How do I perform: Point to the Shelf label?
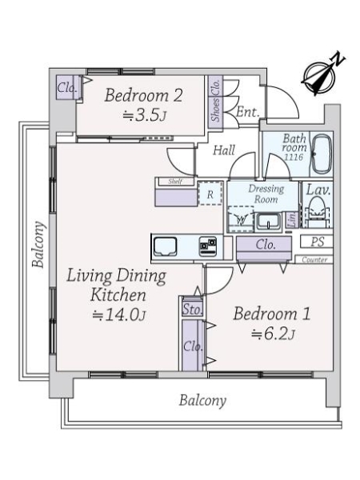coord(175,182)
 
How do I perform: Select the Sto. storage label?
coord(191,307)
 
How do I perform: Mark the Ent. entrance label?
coord(246,113)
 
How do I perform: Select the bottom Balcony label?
coord(202,399)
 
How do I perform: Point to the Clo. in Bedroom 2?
coord(66,89)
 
